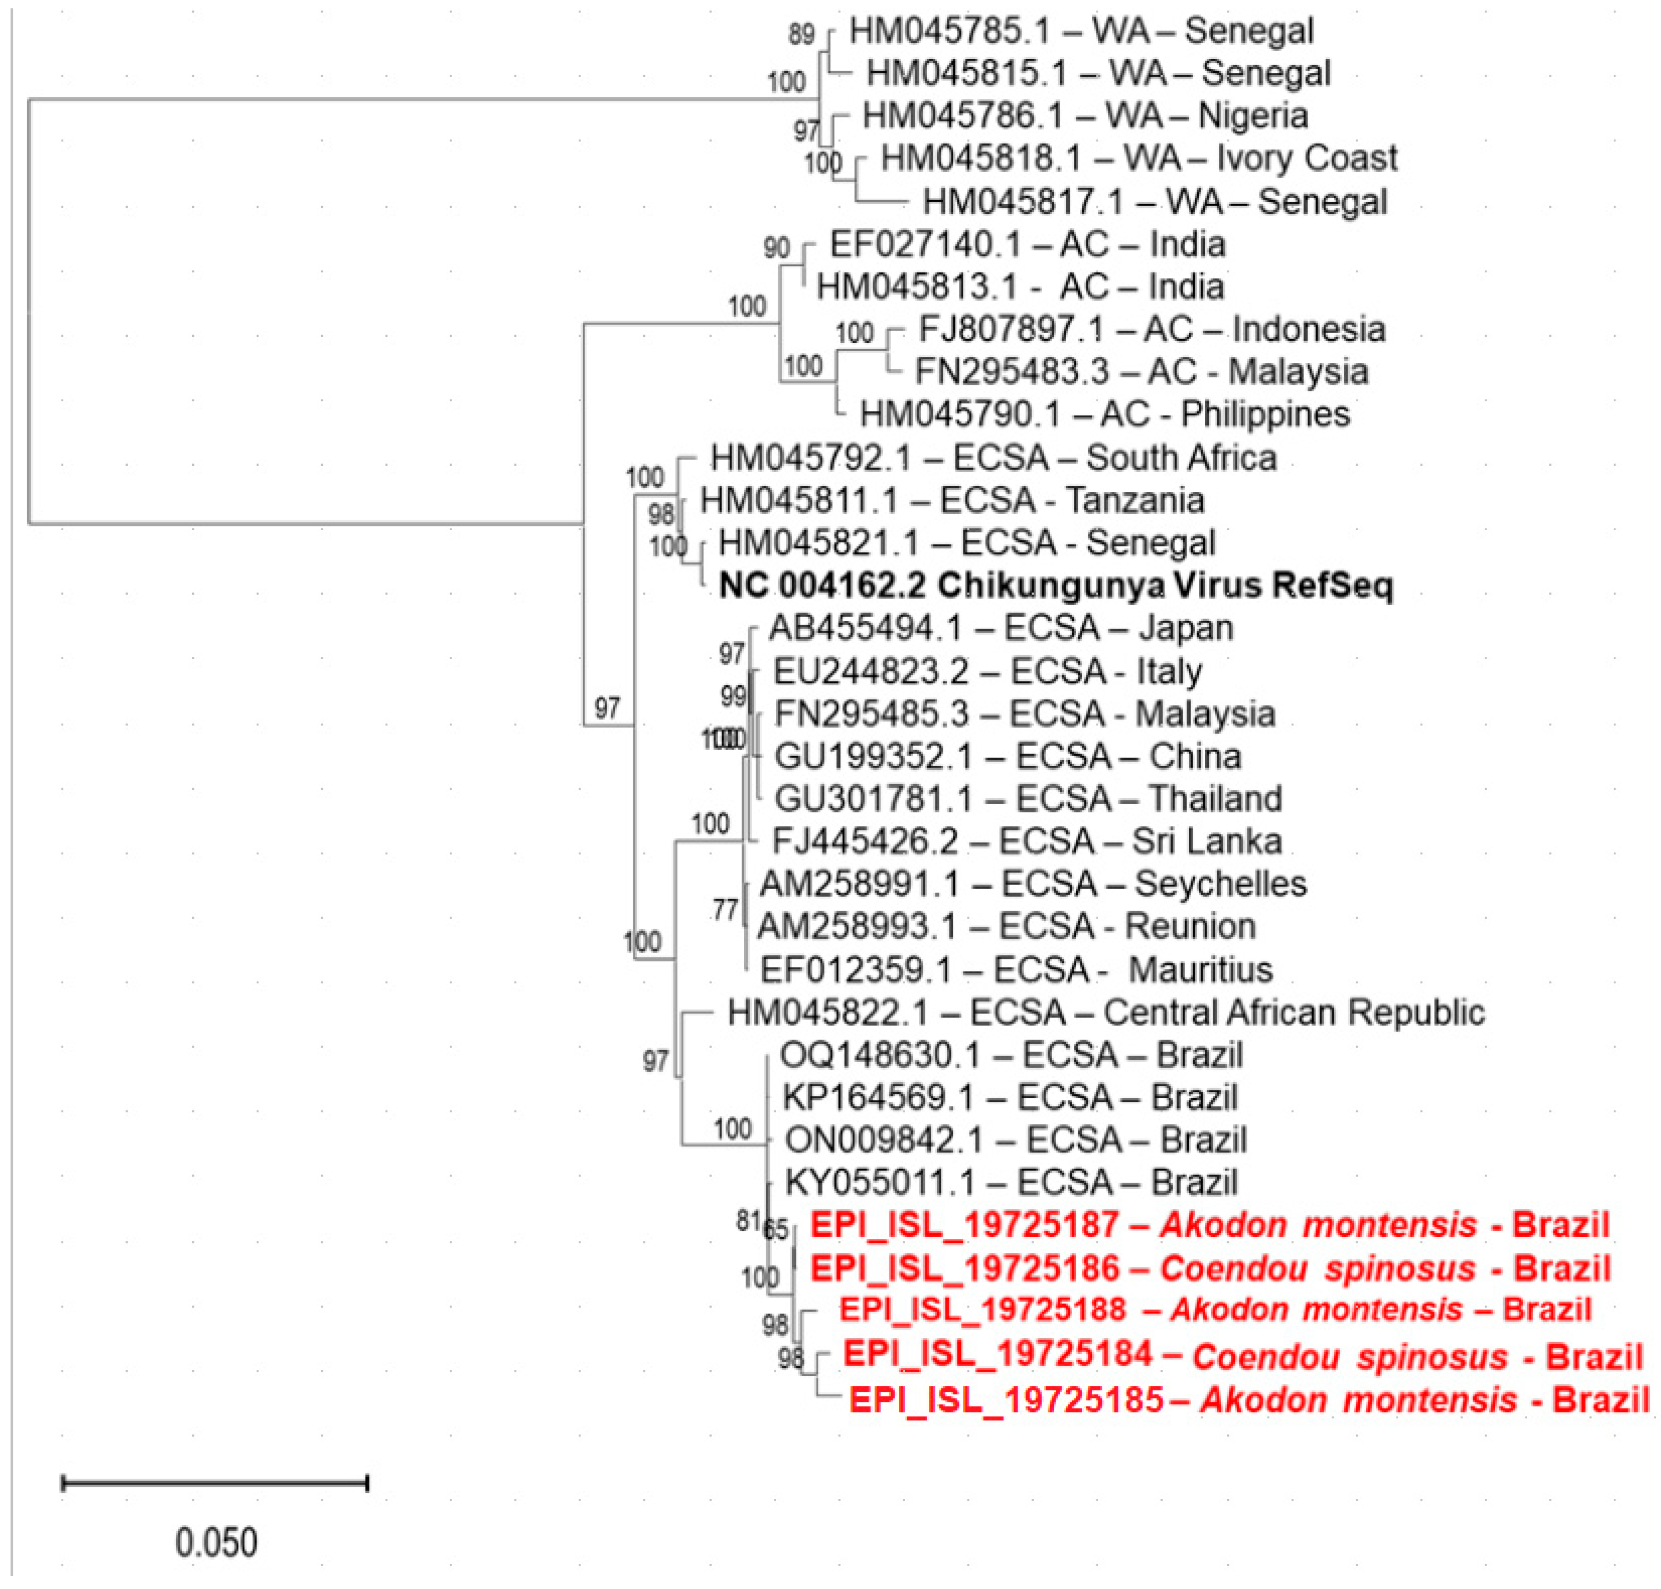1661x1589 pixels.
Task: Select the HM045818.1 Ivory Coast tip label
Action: coord(1139,158)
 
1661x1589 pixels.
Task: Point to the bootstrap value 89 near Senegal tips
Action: coord(801,34)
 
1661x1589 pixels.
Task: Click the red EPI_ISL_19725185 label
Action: coord(1249,1399)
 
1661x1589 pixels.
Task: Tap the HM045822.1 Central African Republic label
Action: coord(1105,1012)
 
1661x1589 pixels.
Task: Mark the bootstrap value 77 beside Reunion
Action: coord(726,910)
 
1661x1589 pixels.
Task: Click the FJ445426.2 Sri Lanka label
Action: coord(1026,841)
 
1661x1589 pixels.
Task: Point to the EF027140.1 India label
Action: coord(1026,245)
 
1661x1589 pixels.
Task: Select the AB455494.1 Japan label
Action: coord(1000,629)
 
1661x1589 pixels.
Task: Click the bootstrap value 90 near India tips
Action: coord(776,248)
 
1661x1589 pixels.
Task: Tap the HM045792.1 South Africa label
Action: coord(992,457)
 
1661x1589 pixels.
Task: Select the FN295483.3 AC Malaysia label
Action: coord(1141,372)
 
